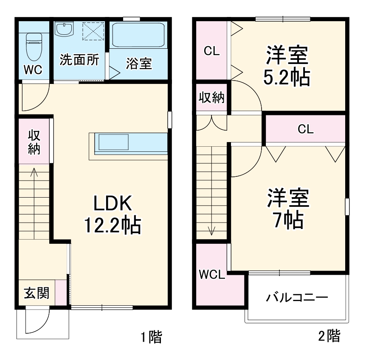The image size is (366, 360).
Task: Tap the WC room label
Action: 33,70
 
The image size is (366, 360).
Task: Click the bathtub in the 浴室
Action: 138,36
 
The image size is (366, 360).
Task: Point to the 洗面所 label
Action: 79,60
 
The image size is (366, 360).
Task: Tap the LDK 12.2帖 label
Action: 113,215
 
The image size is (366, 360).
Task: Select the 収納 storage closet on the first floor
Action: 34,142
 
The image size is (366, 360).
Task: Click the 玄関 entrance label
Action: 36,293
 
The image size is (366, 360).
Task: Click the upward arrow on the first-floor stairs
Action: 34,174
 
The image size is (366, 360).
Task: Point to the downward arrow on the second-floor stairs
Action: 211,229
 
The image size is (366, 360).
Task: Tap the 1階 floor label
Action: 151,338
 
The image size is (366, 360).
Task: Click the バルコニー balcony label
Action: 297,297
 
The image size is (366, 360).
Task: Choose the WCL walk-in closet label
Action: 212,274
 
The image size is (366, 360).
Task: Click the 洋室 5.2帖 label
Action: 287,65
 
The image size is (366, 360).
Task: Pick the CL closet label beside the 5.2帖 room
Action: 211,51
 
